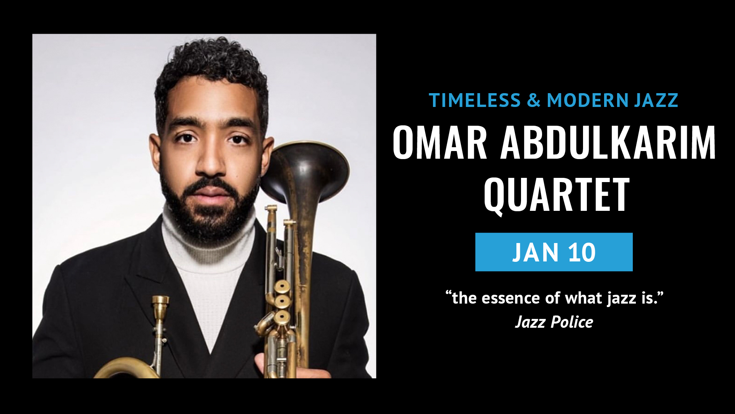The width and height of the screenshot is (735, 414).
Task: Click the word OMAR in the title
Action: [x=440, y=143]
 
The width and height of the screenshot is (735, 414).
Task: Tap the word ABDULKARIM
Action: [x=608, y=143]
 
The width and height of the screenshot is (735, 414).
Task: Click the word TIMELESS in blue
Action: [x=475, y=100]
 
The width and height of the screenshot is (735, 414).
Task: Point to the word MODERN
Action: [x=588, y=100]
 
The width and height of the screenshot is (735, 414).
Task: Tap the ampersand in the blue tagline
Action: [x=534, y=100]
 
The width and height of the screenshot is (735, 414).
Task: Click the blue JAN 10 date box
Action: [x=554, y=252]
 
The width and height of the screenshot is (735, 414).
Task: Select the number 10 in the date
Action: [x=582, y=252]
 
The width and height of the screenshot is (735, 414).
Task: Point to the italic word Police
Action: [x=572, y=322]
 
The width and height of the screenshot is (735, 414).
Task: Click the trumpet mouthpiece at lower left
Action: [x=160, y=307]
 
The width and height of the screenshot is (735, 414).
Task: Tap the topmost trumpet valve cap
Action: [x=282, y=286]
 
